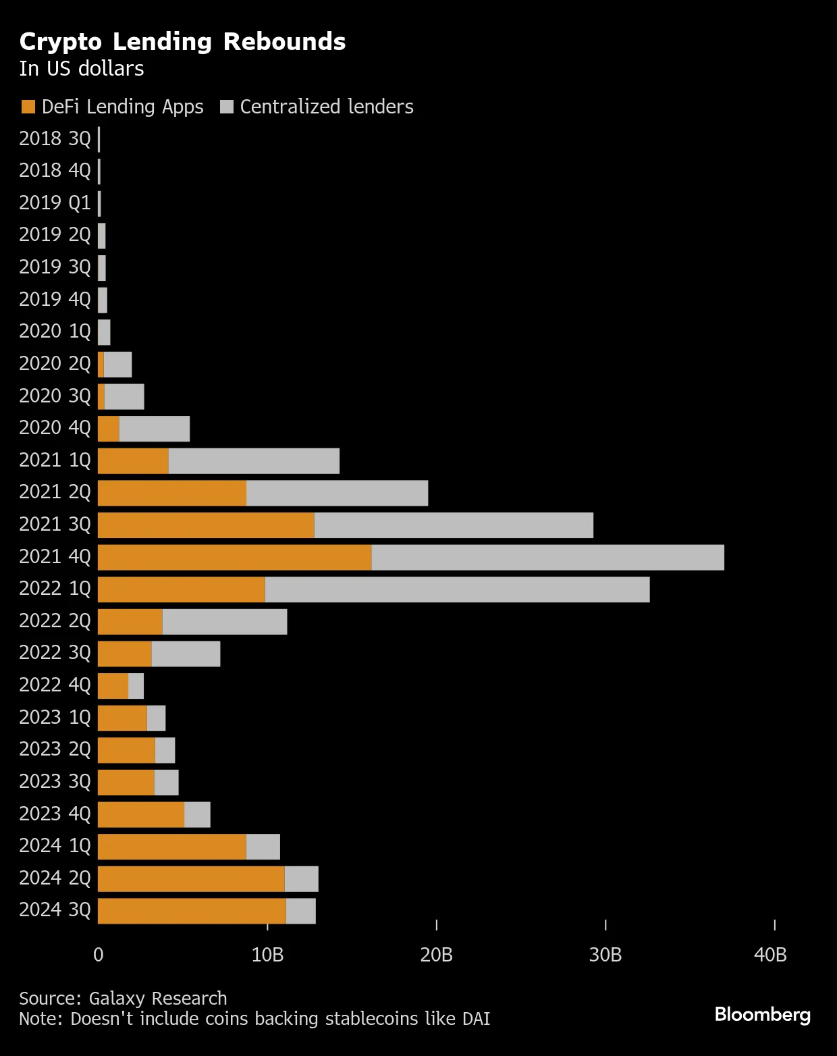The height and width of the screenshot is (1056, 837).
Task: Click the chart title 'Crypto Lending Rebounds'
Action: (x=182, y=42)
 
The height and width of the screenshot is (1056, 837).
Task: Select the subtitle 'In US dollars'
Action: (x=82, y=69)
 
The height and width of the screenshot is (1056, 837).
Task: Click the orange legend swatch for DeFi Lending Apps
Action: (x=28, y=107)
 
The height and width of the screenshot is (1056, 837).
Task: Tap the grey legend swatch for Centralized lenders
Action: (x=227, y=107)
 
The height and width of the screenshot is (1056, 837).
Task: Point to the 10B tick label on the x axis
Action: (x=267, y=955)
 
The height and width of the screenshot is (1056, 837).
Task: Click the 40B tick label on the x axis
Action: (x=770, y=955)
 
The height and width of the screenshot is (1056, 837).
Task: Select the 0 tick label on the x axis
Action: (x=99, y=955)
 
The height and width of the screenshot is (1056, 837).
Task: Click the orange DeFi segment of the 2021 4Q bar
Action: (x=234, y=557)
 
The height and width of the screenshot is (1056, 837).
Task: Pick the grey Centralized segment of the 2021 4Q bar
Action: (x=547, y=557)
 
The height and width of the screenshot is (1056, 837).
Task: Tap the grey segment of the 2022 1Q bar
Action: (x=457, y=589)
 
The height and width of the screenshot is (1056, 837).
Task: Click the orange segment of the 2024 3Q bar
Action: (x=192, y=911)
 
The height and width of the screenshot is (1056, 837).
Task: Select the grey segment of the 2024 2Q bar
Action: (x=301, y=878)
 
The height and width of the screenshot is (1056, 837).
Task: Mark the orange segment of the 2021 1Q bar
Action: (x=133, y=460)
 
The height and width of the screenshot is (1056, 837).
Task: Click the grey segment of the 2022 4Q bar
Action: (x=136, y=686)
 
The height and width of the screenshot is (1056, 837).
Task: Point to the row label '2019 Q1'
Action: (x=55, y=203)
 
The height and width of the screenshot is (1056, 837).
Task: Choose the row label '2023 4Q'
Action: (x=55, y=814)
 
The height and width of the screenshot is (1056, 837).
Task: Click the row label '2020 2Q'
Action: (x=55, y=364)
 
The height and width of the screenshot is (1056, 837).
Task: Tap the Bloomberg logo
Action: (x=763, y=1014)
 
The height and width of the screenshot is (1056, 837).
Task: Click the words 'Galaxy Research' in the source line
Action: (x=158, y=999)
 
